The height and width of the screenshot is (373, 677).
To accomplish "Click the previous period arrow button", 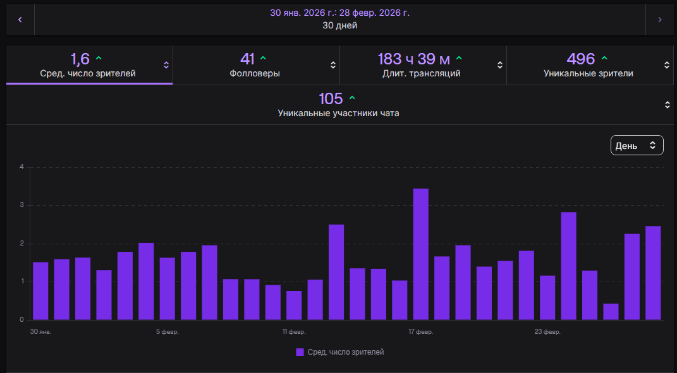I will [x=20, y=20].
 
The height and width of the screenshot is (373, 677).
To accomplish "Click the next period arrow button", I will [x=660, y=20].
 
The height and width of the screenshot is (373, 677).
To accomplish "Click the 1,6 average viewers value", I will [x=80, y=59].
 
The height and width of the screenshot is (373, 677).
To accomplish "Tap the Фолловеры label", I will [x=255, y=73].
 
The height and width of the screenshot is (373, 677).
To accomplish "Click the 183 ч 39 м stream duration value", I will [x=414, y=59].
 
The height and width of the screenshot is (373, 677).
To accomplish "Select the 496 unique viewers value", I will [x=581, y=59].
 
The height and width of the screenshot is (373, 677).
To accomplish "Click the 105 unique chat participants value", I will [x=331, y=99].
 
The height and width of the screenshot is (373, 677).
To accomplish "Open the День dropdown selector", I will [x=637, y=145].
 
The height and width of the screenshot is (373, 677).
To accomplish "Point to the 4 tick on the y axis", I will [x=21, y=167].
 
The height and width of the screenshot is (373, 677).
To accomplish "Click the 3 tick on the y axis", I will [x=21, y=205].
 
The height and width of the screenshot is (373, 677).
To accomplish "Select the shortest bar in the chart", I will [x=611, y=312].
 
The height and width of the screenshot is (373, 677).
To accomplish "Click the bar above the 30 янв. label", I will [x=40, y=291].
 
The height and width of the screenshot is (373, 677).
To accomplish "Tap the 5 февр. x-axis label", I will [x=167, y=332].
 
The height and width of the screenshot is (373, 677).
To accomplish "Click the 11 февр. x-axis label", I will [x=294, y=332].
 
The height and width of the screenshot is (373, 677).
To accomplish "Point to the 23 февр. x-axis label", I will [x=547, y=332].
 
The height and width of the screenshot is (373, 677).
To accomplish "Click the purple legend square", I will [x=300, y=352].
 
